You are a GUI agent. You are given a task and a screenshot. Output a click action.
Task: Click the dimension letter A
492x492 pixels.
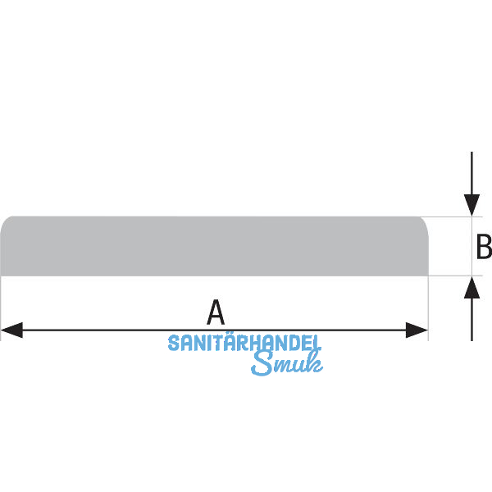[x=215, y=312]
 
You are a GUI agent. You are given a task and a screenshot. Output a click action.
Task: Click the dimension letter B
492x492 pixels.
[x=484, y=246]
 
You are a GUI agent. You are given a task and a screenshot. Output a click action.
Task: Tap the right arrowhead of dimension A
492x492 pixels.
[x=419, y=330]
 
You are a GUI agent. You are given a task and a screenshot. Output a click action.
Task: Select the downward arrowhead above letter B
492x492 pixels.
[x=471, y=206]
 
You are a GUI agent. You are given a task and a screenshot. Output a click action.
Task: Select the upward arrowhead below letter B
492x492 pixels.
[x=471, y=287]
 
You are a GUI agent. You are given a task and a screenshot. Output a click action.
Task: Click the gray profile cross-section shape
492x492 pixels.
[x=213, y=246]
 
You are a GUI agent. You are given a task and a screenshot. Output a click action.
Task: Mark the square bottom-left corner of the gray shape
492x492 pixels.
[x=2, y=275]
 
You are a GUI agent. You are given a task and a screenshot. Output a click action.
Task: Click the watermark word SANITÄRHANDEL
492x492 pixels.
[x=244, y=344]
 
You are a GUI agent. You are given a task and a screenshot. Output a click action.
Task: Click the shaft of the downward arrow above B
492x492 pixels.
[x=471, y=172]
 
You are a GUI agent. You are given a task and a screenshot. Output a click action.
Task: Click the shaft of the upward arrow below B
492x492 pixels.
[x=471, y=320]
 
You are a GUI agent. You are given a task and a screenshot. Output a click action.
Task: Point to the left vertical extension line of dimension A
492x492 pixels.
[x=1, y=307]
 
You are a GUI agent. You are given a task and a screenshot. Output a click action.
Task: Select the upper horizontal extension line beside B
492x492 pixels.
[x=451, y=216]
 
